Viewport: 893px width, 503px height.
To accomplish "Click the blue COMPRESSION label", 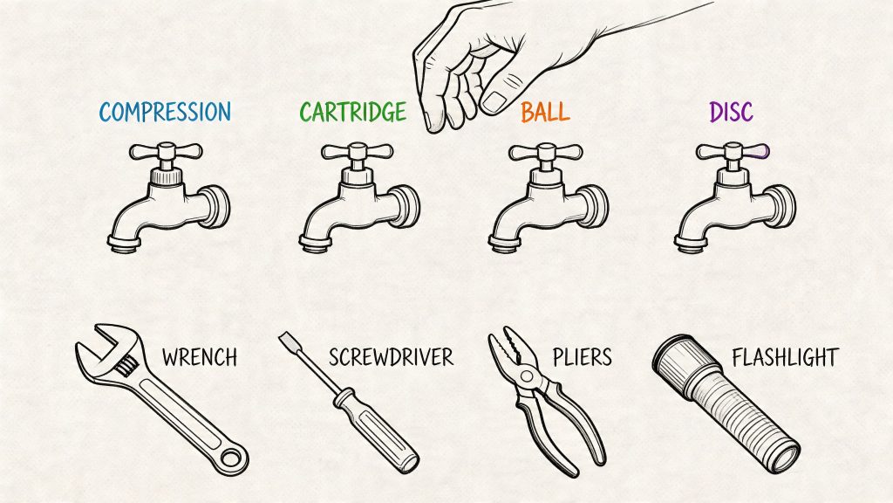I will [165, 112].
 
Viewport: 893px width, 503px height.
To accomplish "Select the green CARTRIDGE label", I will [352, 112].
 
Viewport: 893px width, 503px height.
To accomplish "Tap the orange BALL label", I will [545, 112].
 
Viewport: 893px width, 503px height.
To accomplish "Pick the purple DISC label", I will [731, 112].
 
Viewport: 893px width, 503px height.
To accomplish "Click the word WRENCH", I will [200, 357].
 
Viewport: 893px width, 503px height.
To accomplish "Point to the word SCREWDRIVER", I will [391, 357].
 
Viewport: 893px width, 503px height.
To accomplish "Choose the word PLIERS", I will [582, 357].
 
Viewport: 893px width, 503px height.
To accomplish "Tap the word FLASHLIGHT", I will [785, 357].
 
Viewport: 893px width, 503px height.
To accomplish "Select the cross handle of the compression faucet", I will [165, 152].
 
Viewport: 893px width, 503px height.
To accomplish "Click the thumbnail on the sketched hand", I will [494, 100].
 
